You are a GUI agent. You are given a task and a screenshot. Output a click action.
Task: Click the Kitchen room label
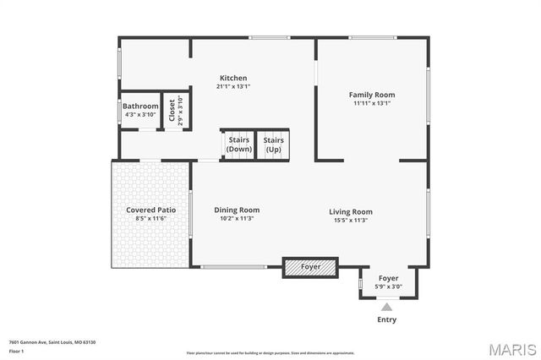[233, 78]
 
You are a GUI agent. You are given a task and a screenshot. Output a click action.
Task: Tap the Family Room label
[372, 95]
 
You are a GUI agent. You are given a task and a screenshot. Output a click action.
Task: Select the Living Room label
[351, 211]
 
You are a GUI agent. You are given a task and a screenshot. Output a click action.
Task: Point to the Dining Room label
[237, 210]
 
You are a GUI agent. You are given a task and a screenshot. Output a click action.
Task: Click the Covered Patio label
[150, 210]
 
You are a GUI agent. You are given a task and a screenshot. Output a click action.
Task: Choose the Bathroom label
[140, 106]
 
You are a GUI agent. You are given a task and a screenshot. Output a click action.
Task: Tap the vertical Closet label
[172, 111]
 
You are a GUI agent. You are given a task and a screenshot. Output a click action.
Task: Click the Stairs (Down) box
[238, 145]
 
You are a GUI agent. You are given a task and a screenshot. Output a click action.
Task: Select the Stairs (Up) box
[273, 145]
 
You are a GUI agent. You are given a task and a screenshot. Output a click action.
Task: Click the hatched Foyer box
[310, 267]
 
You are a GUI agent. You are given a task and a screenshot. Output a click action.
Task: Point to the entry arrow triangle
[387, 307]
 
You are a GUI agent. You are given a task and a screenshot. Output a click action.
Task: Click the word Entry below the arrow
[386, 319]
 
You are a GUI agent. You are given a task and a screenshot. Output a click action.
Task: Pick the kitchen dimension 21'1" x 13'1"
[233, 86]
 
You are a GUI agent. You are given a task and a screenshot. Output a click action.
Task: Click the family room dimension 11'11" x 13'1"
[372, 103]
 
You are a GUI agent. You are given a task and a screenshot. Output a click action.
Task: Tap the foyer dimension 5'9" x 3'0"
[388, 286]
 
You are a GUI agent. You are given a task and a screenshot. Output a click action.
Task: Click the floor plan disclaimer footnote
[270, 352]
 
